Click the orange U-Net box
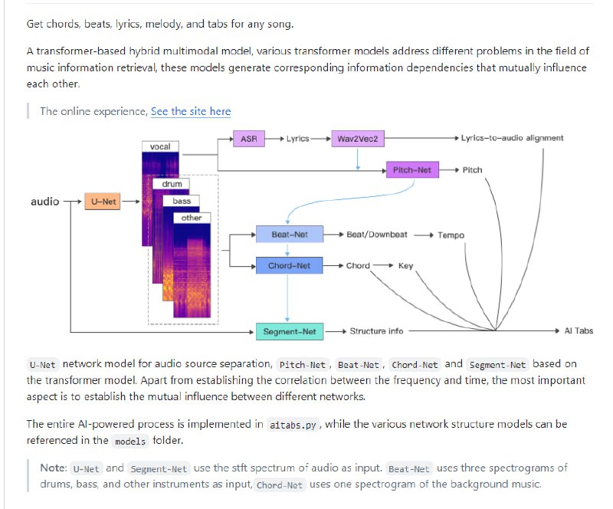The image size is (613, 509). (103, 202)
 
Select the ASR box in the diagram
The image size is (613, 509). (248, 139)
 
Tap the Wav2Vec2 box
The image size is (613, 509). (357, 139)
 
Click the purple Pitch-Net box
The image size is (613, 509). (411, 169)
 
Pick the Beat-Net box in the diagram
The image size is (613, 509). (290, 235)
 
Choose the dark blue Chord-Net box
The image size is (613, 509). (289, 265)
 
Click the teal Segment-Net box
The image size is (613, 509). (289, 331)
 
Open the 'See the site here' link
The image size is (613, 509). (191, 111)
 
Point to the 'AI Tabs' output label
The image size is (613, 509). (579, 331)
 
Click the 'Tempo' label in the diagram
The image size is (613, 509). (451, 235)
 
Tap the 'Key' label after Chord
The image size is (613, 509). (405, 265)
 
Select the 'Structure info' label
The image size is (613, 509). (376, 331)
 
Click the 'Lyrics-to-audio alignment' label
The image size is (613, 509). (512, 138)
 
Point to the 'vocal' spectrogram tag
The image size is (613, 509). (160, 146)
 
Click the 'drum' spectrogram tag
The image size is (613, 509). (172, 184)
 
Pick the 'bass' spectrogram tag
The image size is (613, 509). (182, 201)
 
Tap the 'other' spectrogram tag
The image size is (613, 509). (192, 218)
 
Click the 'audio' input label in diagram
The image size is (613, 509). (44, 202)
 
